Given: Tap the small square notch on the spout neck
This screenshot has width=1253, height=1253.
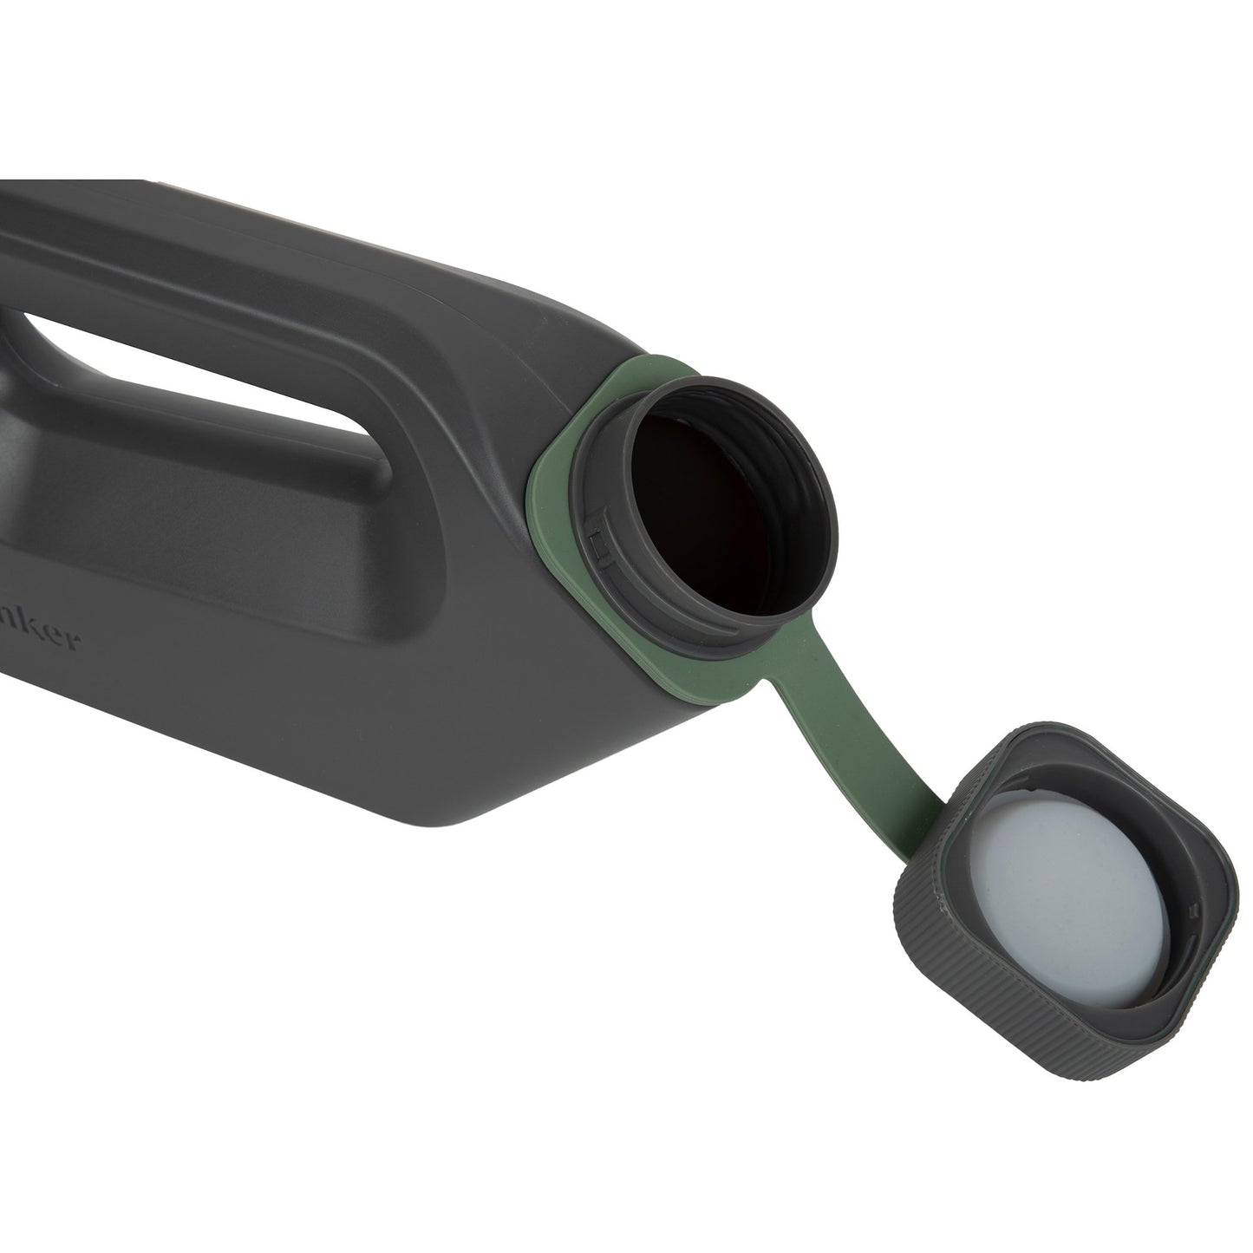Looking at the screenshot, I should (x=597, y=544).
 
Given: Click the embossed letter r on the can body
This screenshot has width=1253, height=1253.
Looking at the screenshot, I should (x=75, y=643).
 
